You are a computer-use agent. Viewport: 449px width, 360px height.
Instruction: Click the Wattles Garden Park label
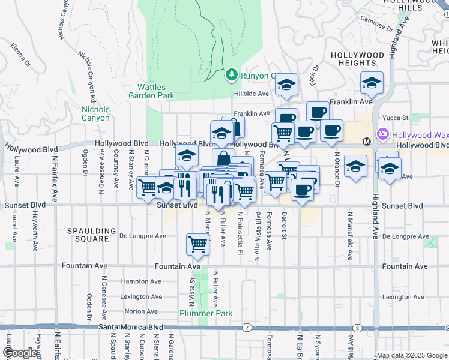coord(151,91)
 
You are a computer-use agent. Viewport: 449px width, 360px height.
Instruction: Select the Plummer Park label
coord(197,313)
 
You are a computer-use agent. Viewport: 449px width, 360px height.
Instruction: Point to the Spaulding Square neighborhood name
coord(91,235)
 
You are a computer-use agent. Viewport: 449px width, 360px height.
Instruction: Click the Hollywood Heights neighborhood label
coord(358,59)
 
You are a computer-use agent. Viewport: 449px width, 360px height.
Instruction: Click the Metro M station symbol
coord(366,141)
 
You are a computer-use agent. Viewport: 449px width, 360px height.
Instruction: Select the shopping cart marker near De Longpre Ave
coord(197,244)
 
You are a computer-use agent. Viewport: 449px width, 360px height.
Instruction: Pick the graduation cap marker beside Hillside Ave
coord(287,85)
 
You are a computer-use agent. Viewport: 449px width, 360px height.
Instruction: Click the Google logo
coord(19,353)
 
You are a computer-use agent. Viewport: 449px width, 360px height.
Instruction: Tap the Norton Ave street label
coord(141,312)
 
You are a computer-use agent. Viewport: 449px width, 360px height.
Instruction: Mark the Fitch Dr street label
coord(313,78)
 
